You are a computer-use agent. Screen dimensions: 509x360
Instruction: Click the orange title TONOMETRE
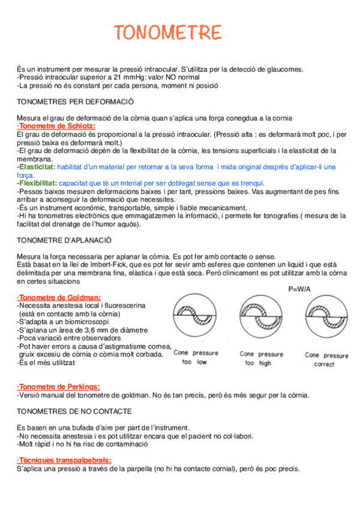coord(167,32)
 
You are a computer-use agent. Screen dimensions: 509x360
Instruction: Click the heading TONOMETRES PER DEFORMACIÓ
coord(75,101)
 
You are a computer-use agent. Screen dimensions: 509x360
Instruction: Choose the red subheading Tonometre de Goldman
coord(59,297)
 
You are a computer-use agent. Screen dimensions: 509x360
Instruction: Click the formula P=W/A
coord(302,289)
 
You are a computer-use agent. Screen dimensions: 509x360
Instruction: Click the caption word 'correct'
coord(325,364)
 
